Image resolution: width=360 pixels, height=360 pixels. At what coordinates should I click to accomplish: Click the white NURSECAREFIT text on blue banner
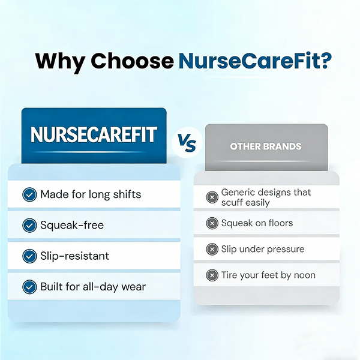[94, 135]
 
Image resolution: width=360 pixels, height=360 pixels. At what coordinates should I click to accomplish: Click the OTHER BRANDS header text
[266, 146]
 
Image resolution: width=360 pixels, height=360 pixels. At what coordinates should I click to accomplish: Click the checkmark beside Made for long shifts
[29, 194]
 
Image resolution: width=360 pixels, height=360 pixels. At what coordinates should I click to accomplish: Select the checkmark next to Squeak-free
[29, 225]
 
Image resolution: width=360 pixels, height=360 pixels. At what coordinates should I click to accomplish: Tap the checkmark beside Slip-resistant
[29, 256]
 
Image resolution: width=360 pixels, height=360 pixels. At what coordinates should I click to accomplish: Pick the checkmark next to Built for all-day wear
[29, 287]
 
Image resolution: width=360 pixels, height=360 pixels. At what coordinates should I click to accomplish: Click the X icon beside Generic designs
[212, 197]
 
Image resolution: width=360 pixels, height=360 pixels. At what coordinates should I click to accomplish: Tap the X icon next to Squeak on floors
[212, 223]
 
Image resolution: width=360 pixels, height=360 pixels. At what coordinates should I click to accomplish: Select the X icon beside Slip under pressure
[212, 249]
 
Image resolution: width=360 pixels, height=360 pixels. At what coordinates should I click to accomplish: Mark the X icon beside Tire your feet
[212, 275]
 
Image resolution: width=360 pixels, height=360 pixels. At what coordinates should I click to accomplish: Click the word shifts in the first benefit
[127, 194]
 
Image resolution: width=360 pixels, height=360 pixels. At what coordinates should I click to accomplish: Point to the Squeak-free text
[72, 225]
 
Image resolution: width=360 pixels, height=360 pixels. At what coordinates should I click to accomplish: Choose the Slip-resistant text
[75, 256]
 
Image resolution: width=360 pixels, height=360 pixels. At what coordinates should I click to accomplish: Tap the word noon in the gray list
[303, 275]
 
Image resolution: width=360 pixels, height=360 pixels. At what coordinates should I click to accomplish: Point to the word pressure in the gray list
[284, 249]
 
